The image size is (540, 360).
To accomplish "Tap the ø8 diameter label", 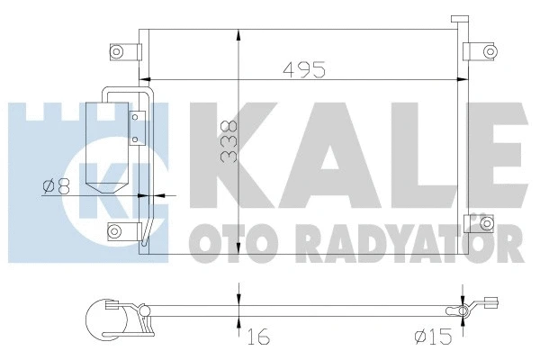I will pyautogui.click(x=55, y=188).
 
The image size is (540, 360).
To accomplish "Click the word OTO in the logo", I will pyautogui.click(x=216, y=240).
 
